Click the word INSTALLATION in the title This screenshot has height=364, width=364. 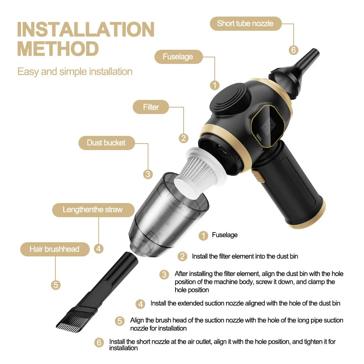(x=85, y=30)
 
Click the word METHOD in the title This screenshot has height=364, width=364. (x=58, y=49)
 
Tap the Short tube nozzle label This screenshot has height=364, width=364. (x=245, y=23)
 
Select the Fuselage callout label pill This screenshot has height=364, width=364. (x=178, y=57)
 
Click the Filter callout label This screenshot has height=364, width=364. (x=151, y=107)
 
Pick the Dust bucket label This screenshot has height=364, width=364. (x=106, y=143)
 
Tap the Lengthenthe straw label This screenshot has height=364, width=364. (x=93, y=210)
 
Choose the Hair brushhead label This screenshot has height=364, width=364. (x=54, y=249)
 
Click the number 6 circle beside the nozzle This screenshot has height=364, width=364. (x=294, y=50)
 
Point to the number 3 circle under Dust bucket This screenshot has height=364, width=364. (x=148, y=174)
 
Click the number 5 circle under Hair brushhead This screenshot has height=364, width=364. (x=56, y=285)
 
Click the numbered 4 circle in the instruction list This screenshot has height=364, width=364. (x=140, y=304)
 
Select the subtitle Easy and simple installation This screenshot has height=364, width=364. (x=75, y=72)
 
